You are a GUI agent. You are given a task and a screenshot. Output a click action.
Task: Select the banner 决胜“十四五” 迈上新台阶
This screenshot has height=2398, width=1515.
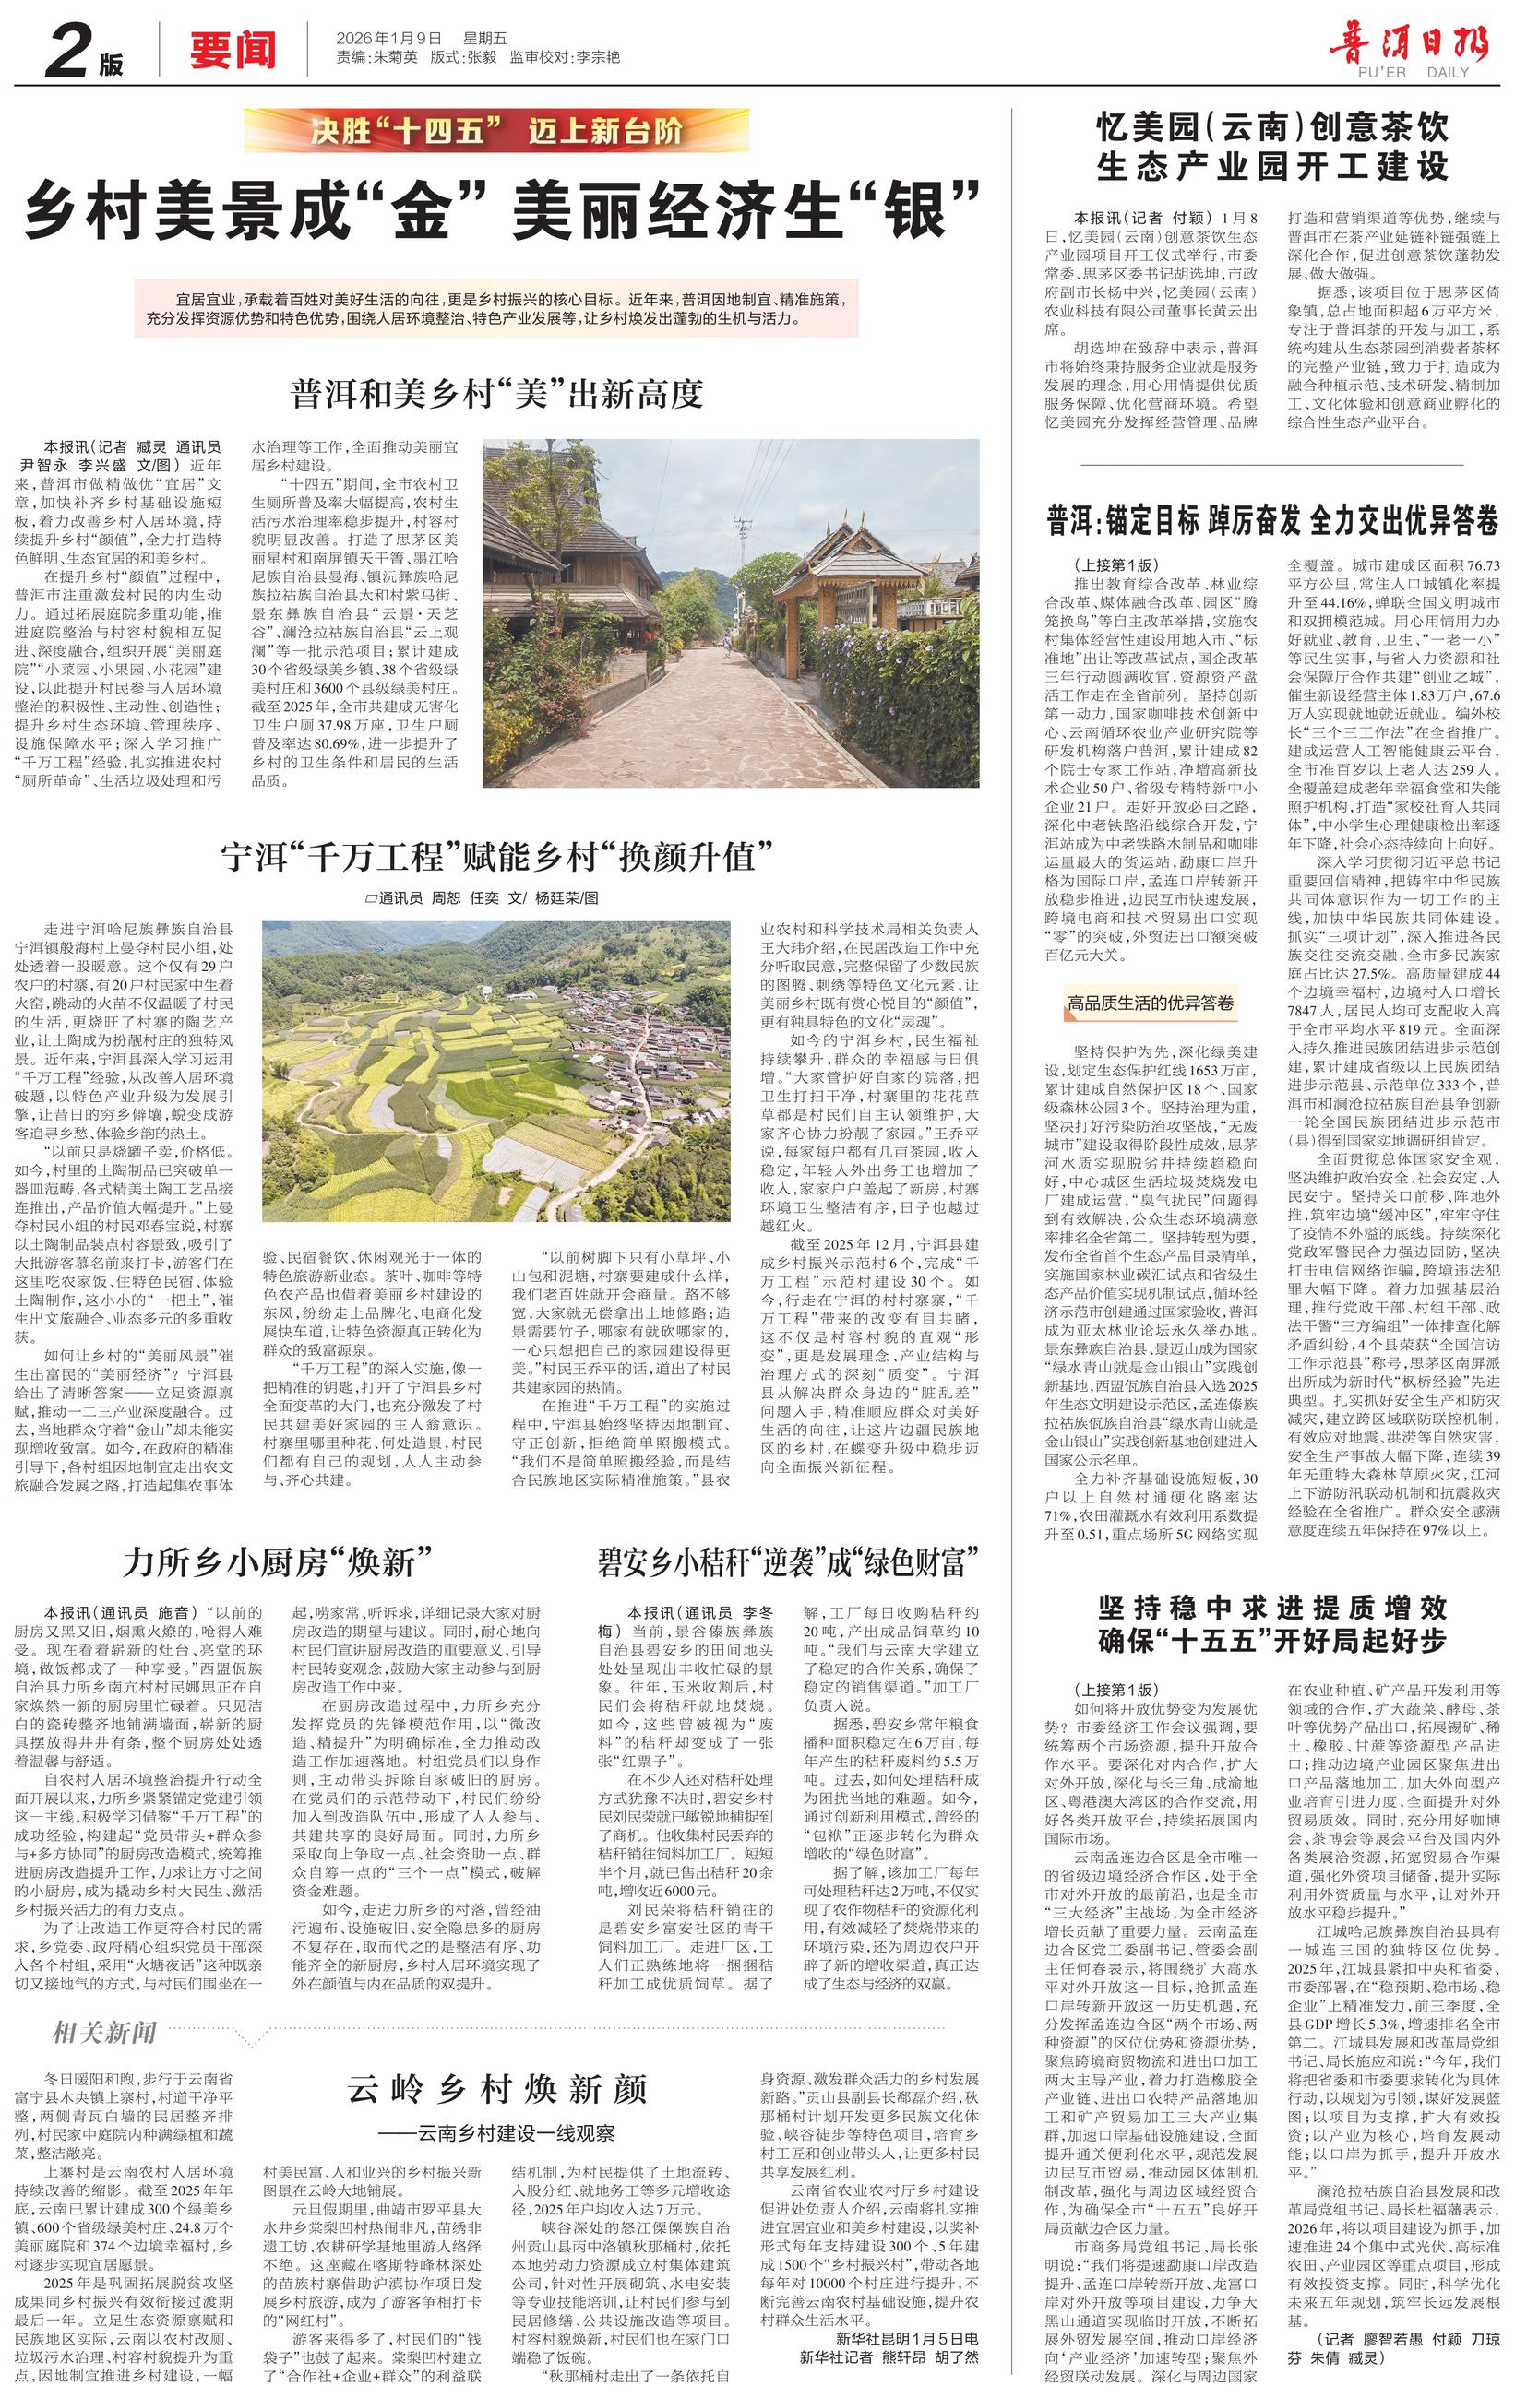coord(495,130)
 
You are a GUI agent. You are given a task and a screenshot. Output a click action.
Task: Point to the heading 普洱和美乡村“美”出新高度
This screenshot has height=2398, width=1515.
coord(497,395)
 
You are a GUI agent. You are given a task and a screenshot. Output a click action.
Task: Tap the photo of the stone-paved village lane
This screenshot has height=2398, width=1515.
coord(730,612)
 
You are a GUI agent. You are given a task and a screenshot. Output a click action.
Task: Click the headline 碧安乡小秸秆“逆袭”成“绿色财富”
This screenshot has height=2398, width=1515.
coord(787,1561)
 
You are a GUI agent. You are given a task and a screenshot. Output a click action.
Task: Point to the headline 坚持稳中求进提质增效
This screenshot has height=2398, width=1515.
coord(1272,1608)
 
